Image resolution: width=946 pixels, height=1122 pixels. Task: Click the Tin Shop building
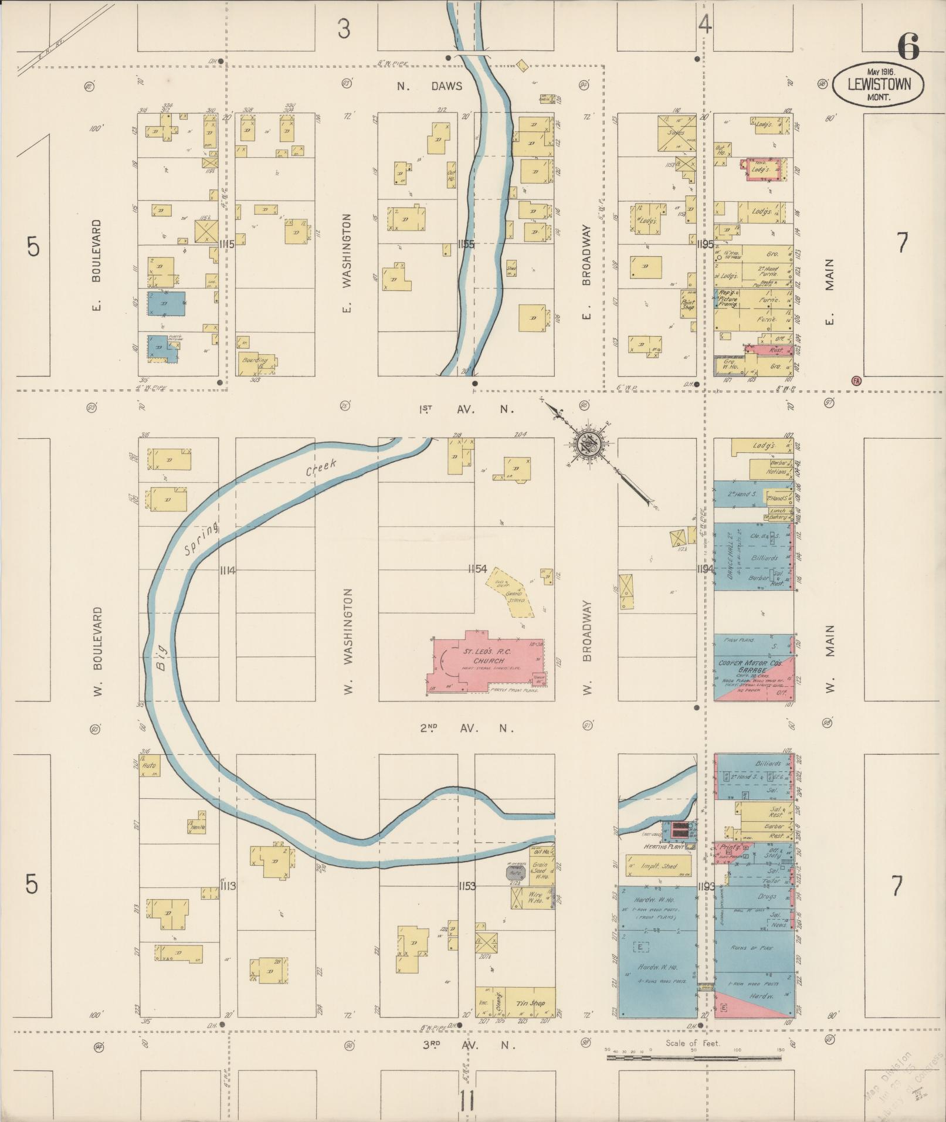530,1003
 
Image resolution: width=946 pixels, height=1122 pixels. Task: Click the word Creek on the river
321,467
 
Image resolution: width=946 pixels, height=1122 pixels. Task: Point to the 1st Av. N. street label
467,409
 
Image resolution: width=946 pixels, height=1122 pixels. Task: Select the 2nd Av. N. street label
467,728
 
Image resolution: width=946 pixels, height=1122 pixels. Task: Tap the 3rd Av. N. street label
467,1045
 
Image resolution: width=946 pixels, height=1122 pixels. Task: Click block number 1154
478,569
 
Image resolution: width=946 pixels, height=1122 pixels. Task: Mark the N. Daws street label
429,86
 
